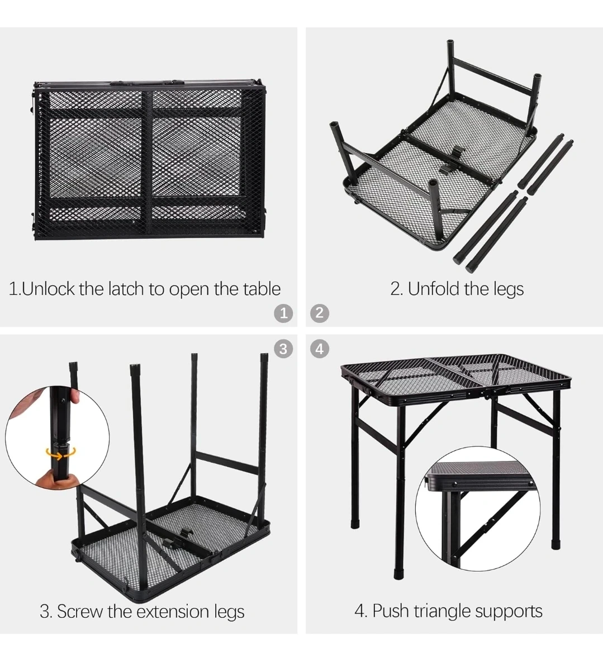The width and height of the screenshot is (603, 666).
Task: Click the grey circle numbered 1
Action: pyautogui.click(x=283, y=313)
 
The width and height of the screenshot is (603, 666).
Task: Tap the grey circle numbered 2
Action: pyautogui.click(x=320, y=313)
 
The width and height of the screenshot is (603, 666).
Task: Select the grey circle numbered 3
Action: pyautogui.click(x=283, y=349)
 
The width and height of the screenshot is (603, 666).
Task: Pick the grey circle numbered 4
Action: pyautogui.click(x=320, y=349)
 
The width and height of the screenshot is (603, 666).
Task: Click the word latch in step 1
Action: pyautogui.click(x=126, y=289)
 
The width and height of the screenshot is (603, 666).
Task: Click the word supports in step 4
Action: pyautogui.click(x=509, y=612)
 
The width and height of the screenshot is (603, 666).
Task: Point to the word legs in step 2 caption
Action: pyautogui.click(x=508, y=289)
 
